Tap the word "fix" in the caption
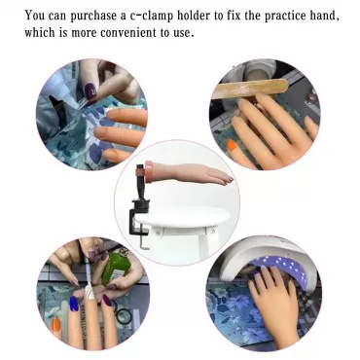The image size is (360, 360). coord(234,16)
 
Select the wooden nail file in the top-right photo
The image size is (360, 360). coord(249,89)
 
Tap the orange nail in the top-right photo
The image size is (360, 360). coord(232,146)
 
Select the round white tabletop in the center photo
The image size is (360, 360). coord(182,217)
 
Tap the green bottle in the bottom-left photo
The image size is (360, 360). coord(115,267)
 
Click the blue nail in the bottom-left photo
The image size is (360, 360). coord(74,304)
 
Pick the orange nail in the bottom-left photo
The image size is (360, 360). coord(56,324)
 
